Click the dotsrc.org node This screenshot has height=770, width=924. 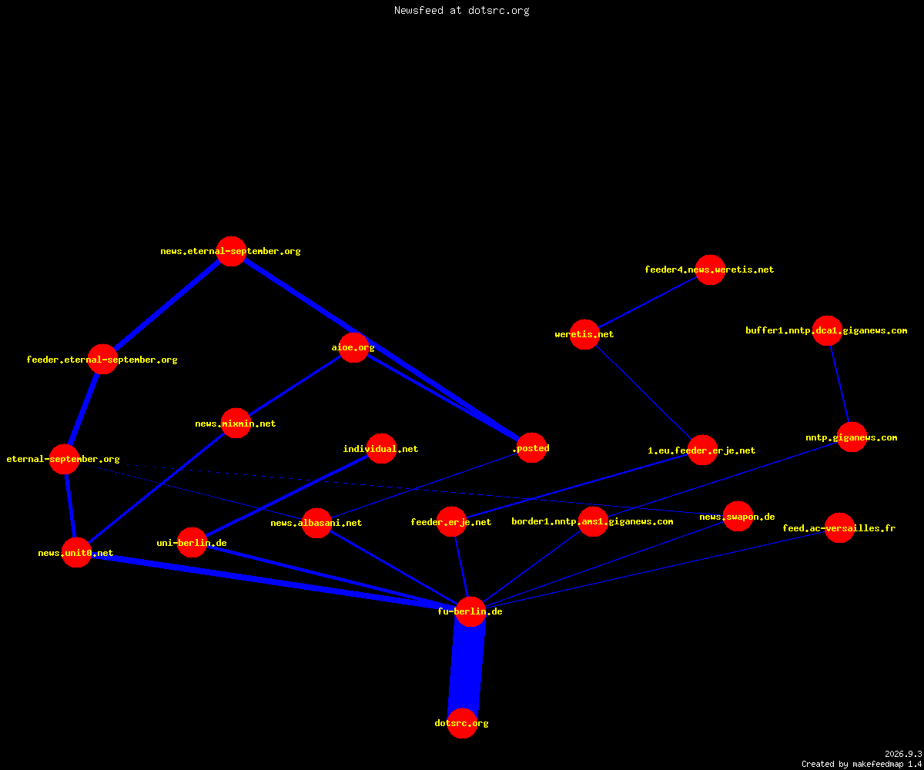click(x=462, y=723)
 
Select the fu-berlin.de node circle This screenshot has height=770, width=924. click(x=470, y=611)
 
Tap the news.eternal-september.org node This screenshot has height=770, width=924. click(x=232, y=251)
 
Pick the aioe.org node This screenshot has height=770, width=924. click(x=353, y=347)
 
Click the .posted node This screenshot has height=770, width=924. click(x=531, y=448)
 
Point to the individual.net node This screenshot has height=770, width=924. click(x=381, y=448)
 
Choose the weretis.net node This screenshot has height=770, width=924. click(x=584, y=334)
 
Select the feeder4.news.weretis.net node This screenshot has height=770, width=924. click(x=710, y=269)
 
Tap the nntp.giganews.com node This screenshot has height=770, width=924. click(x=852, y=437)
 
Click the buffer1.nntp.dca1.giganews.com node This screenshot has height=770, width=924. click(x=827, y=330)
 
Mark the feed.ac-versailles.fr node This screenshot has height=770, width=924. click(x=839, y=528)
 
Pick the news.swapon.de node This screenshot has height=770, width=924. click(x=738, y=517)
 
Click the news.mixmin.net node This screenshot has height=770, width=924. click(x=236, y=423)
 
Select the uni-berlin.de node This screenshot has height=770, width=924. click(x=192, y=542)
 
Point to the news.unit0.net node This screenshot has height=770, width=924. click(x=76, y=552)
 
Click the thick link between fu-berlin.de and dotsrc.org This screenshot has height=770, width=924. click(x=467, y=668)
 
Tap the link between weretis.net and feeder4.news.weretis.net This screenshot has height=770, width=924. click(x=648, y=302)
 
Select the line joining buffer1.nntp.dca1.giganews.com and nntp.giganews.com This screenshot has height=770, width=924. click(x=839, y=384)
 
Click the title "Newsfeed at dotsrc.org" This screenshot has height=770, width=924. click(x=461, y=11)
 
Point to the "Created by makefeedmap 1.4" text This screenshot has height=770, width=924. click(x=862, y=765)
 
